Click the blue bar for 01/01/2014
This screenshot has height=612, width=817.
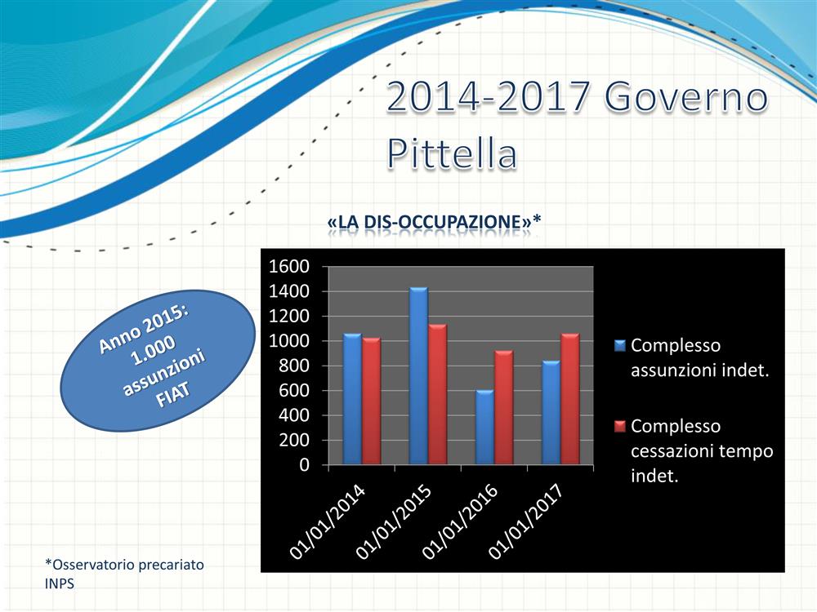pyautogui.click(x=352, y=399)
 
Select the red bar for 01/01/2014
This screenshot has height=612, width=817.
pyautogui.click(x=372, y=401)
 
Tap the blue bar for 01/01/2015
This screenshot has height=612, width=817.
pyautogui.click(x=418, y=375)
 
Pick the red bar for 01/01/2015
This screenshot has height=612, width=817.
pyautogui.click(x=438, y=394)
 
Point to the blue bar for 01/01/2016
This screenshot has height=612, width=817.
pyautogui.click(x=484, y=428)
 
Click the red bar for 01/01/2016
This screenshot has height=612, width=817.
pyautogui.click(x=504, y=407)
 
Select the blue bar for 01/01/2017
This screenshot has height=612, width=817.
pyautogui.click(x=551, y=413)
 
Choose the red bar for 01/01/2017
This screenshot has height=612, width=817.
pyautogui.click(x=570, y=399)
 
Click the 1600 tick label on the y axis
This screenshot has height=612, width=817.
pyautogui.click(x=288, y=267)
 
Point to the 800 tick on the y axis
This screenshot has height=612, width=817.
pyautogui.click(x=294, y=366)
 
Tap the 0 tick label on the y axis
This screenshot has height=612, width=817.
pyautogui.click(x=304, y=465)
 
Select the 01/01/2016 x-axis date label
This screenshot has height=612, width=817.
pyautogui.click(x=459, y=522)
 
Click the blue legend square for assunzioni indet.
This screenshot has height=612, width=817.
pyautogui.click(x=619, y=345)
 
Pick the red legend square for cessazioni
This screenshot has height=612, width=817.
pyautogui.click(x=619, y=427)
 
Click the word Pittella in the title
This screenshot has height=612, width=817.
pyautogui.click(x=453, y=153)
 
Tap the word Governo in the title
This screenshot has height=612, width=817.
pyautogui.click(x=686, y=97)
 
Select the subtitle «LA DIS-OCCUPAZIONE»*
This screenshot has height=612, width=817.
pyautogui.click(x=434, y=222)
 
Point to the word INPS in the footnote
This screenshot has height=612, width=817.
pyautogui.click(x=60, y=583)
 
